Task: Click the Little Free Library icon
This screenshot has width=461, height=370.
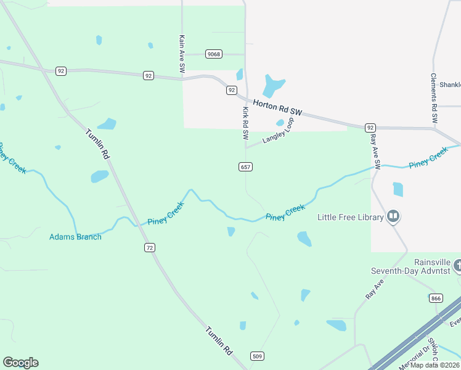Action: coord(393,216)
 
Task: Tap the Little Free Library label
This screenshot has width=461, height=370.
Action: coord(349,217)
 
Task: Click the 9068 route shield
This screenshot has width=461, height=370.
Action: coord(214,54)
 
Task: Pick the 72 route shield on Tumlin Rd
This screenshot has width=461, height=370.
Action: coord(150,247)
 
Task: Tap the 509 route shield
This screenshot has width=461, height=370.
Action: coord(258,356)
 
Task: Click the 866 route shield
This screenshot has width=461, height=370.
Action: coord(436,298)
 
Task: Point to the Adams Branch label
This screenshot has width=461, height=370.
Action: coord(75,237)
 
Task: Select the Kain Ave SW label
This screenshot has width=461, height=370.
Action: coord(182,55)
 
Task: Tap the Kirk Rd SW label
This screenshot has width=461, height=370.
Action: coord(245,123)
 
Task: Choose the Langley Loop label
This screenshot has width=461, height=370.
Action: coord(278,131)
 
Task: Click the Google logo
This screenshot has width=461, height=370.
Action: coord(20,363)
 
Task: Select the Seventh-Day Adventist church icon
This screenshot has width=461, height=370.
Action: coord(457,266)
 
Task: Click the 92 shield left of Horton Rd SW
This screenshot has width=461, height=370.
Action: coord(231,90)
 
